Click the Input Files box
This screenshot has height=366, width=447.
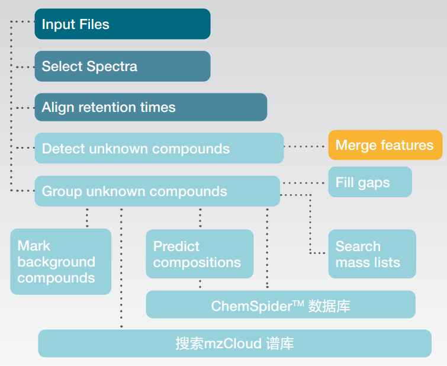(x=122, y=24)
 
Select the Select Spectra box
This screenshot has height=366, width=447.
(x=122, y=66)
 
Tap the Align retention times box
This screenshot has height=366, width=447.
(x=150, y=107)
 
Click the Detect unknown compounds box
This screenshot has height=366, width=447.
(x=159, y=148)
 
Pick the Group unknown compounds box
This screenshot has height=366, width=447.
(x=157, y=191)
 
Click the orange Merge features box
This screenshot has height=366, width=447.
(x=385, y=145)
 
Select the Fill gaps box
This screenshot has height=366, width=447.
(x=370, y=182)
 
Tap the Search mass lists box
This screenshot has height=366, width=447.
(x=372, y=254)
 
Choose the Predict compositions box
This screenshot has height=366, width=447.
(x=200, y=254)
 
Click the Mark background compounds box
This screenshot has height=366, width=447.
(x=60, y=262)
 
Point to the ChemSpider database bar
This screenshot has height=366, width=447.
(x=281, y=304)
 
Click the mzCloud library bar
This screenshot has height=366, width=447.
(x=234, y=343)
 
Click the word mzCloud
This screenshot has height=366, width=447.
(x=230, y=343)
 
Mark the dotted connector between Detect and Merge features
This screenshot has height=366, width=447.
(x=305, y=146)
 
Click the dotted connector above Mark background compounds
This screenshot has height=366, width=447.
(x=88, y=217)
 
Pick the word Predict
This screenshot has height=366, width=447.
(x=176, y=246)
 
